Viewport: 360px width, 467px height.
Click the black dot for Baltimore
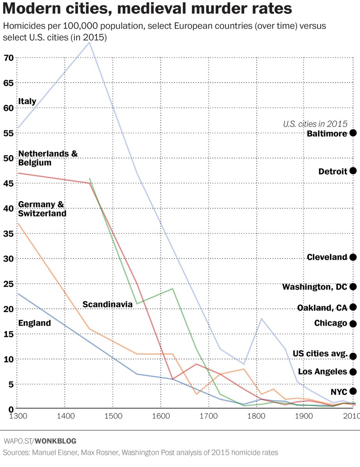[353, 133]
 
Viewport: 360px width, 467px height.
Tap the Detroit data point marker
[353, 171]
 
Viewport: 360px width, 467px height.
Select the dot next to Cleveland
[353, 257]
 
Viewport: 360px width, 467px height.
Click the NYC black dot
[353, 391]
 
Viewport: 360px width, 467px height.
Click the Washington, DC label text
[314, 287]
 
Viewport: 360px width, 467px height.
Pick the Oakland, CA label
[322, 308]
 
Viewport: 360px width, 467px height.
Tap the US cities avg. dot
[353, 356]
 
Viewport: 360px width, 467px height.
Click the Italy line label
[27, 101]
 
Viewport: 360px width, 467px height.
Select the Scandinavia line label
[108, 304]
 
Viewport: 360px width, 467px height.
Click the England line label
[35, 323]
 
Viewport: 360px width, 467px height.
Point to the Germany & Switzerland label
[42, 209]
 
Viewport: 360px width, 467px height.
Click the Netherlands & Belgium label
[47, 158]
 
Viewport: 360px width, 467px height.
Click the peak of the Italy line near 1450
[90, 43]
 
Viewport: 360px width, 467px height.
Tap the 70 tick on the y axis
[9, 58]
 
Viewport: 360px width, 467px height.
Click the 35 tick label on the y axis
[9, 234]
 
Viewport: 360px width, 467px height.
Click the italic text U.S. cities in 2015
[314, 124]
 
